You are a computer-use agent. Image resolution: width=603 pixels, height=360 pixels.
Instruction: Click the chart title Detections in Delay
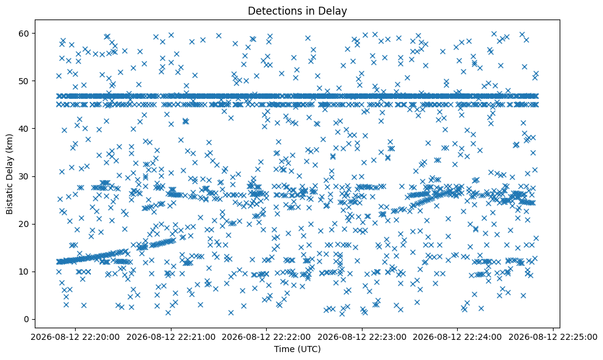coord(297,11)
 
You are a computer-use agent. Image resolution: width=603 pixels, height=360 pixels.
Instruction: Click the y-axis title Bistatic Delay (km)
coord(9,175)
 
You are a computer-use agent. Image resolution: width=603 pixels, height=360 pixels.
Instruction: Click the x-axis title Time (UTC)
coord(297,349)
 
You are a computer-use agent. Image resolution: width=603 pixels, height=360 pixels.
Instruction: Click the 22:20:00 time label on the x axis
coord(75,337)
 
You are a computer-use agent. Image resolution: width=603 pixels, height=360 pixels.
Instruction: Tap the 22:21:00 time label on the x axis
coord(171,337)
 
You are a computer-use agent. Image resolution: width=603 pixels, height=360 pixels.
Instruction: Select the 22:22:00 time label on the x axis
coord(266,337)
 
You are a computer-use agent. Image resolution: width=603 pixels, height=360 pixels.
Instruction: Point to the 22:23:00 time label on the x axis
coord(362,337)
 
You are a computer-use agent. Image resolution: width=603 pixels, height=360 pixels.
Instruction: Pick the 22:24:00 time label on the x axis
coord(457,337)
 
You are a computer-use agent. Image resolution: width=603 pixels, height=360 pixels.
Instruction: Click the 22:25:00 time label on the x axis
coord(553,337)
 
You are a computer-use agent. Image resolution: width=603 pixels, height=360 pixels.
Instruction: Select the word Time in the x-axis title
coord(283,349)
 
